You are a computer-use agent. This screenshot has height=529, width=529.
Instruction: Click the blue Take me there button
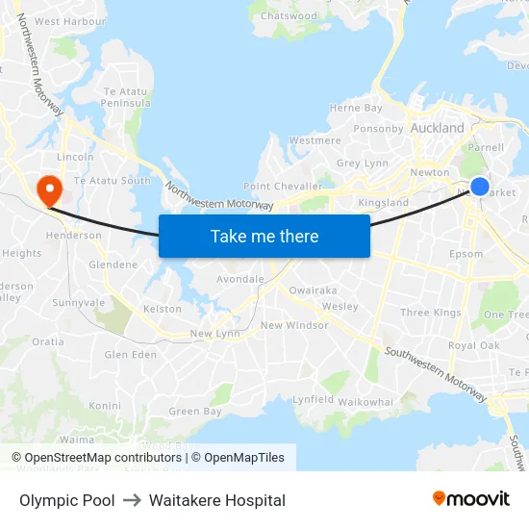pyautogui.click(x=264, y=236)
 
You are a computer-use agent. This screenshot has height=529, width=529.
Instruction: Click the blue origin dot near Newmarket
pyautogui.click(x=480, y=187)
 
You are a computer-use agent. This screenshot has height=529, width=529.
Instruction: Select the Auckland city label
pyautogui.click(x=437, y=128)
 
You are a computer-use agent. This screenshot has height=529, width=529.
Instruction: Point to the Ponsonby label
pyautogui.click(x=378, y=128)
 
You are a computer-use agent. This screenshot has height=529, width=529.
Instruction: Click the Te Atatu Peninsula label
pyautogui.click(x=127, y=96)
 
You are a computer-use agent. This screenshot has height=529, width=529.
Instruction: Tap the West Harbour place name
pyautogui.click(x=70, y=21)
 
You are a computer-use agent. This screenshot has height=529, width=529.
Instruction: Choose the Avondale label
pyautogui.click(x=240, y=279)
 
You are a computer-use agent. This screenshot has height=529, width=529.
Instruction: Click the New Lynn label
pyautogui.click(x=214, y=334)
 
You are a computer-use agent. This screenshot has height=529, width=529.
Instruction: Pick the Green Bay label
pyautogui.click(x=195, y=412)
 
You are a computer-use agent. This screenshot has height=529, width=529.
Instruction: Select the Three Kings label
pyautogui.click(x=430, y=313)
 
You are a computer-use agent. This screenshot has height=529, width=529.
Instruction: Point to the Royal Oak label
pyautogui.click(x=473, y=345)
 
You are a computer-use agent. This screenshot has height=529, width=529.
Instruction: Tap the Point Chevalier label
pyautogui.click(x=283, y=186)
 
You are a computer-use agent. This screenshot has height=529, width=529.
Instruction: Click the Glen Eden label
pyautogui.click(x=130, y=355)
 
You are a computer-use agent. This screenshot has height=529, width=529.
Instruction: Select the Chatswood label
pyautogui.click(x=289, y=16)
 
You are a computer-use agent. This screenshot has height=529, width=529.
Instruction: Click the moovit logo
pyautogui.click(x=470, y=499)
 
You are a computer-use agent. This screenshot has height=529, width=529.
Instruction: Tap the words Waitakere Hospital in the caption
pyautogui.click(x=217, y=500)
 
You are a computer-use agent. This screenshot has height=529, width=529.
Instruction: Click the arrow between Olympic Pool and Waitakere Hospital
pyautogui.click(x=132, y=500)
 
